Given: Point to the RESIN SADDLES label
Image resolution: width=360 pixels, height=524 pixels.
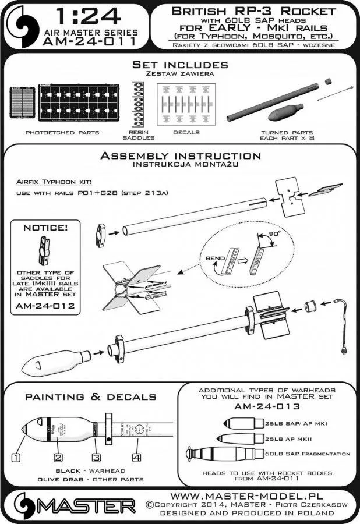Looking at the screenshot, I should pos(134,136).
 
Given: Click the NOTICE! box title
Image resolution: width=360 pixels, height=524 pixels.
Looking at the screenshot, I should pos(47,229).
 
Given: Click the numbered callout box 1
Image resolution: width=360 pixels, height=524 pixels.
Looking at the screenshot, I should pos(16,458).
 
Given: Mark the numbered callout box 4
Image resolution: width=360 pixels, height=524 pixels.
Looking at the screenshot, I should pos(136,458).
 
